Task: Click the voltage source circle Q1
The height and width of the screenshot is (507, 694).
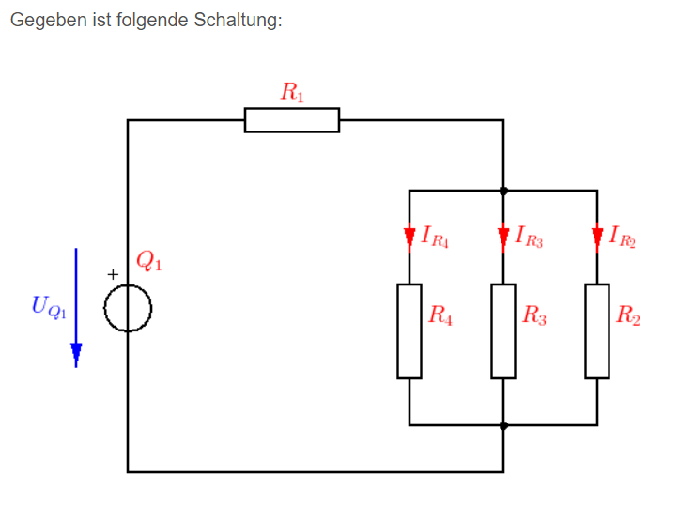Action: pos(104,308)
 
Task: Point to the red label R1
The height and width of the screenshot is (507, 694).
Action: pos(292,92)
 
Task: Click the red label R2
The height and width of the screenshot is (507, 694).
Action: pos(628,315)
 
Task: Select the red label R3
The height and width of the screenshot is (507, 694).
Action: pos(534,315)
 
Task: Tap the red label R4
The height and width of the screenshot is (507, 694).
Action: pos(440,315)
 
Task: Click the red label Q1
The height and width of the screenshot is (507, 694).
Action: pos(149,261)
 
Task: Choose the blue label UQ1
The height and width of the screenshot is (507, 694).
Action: pos(49,307)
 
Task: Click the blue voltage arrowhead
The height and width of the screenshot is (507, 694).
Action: pos(76,355)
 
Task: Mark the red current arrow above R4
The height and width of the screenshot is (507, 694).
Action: pos(409,238)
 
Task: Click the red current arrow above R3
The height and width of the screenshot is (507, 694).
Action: pos(503,238)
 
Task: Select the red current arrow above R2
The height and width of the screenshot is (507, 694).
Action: pos(597,238)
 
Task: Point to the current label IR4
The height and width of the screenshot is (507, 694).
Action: pos(435,237)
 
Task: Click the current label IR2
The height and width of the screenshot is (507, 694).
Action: pos(623,237)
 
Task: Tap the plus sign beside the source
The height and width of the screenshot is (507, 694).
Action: pos(113,275)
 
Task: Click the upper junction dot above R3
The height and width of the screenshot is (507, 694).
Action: pos(503,192)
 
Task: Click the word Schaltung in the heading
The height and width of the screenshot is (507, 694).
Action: pos(239,21)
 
